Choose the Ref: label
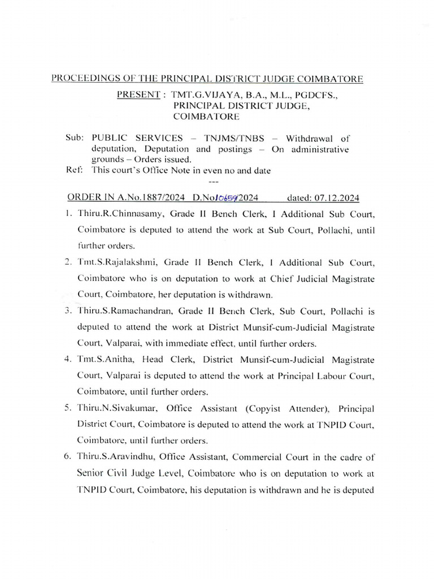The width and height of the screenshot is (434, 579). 75,171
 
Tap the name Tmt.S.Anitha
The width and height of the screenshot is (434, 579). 104,359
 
